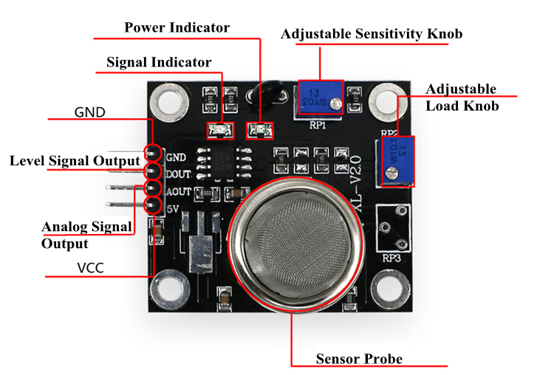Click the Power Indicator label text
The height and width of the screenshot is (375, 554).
pyautogui.click(x=177, y=28)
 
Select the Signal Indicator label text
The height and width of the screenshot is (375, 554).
pyautogui.click(x=159, y=62)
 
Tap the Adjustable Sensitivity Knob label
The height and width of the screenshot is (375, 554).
pyautogui.click(x=372, y=34)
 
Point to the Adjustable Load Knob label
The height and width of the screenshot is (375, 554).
pyautogui.click(x=462, y=97)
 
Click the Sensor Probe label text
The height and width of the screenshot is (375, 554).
pyautogui.click(x=359, y=359)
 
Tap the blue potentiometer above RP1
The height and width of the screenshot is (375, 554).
pyautogui.click(x=320, y=98)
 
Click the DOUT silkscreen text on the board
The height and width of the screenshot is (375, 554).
pyautogui.click(x=179, y=174)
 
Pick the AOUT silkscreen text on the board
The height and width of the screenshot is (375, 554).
pyautogui.click(x=179, y=191)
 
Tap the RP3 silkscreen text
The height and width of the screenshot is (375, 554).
pyautogui.click(x=391, y=258)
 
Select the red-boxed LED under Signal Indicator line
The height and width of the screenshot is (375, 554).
pyautogui.click(x=219, y=131)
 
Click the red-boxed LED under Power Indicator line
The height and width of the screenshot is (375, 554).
pyautogui.click(x=259, y=131)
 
